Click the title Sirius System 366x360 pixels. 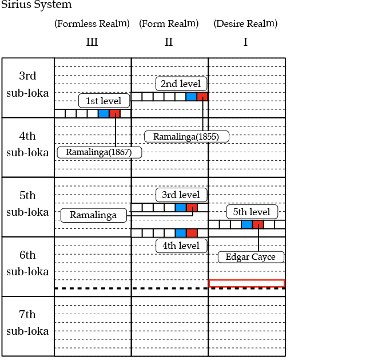pyautogui.click(x=36, y=5)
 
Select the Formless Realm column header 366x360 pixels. pyautogui.click(x=91, y=24)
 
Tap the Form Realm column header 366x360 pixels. pyautogui.click(x=169, y=24)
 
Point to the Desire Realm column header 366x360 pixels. pyautogui.click(x=245, y=24)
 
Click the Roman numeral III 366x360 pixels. pyautogui.click(x=91, y=42)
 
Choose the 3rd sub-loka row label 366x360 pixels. pyautogui.click(x=27, y=85)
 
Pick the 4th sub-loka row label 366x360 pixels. pyautogui.click(x=27, y=144)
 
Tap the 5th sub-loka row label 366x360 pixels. pyautogui.click(x=27, y=204)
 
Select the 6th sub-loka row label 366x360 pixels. pyautogui.click(x=27, y=263)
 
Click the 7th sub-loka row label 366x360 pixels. pyautogui.click(x=27, y=323)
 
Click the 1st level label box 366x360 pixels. pyautogui.click(x=104, y=101)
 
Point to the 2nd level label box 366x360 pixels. pyautogui.click(x=180, y=84)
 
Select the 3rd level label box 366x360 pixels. pyautogui.click(x=181, y=195)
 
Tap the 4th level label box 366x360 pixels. pyautogui.click(x=181, y=246)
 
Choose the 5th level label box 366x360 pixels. pyautogui.click(x=252, y=212)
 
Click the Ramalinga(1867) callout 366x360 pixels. pyautogui.click(x=100, y=152)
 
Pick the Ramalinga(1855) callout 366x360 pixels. pyautogui.click(x=186, y=136)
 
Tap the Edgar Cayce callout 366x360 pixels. pyautogui.click(x=250, y=257)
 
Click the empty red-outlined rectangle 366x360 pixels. pyautogui.click(x=246, y=283)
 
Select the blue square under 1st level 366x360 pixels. pyautogui.click(x=103, y=113)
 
